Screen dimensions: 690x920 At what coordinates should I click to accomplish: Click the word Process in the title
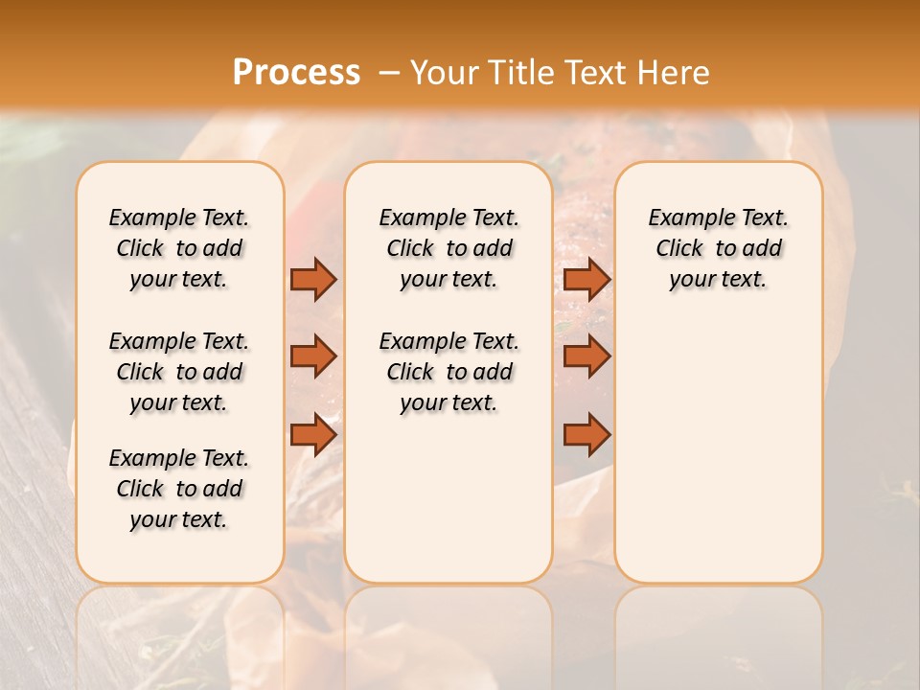296,73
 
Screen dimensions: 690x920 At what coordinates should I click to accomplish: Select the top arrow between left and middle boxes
312,279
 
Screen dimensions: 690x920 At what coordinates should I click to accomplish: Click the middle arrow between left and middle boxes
312,356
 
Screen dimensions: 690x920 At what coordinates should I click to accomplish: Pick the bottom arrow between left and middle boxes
312,435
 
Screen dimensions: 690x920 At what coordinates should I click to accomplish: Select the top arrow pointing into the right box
586,279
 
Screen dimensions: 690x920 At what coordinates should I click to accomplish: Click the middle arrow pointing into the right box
586,356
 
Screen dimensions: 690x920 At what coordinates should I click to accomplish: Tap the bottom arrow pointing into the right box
586,435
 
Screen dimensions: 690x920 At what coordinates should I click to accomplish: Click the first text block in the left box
179,248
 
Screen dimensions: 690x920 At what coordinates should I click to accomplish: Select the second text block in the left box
179,372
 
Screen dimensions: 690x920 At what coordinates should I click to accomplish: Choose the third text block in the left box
179,489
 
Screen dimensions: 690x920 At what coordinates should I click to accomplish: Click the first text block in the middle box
448,248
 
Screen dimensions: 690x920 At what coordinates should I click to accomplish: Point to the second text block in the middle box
448,372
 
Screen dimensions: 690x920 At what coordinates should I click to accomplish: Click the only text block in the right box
718,248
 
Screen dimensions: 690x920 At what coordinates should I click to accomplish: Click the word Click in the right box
679,249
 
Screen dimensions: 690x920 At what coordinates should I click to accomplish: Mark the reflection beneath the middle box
448,632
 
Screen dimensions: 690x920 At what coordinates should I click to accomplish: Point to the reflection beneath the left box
179,632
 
